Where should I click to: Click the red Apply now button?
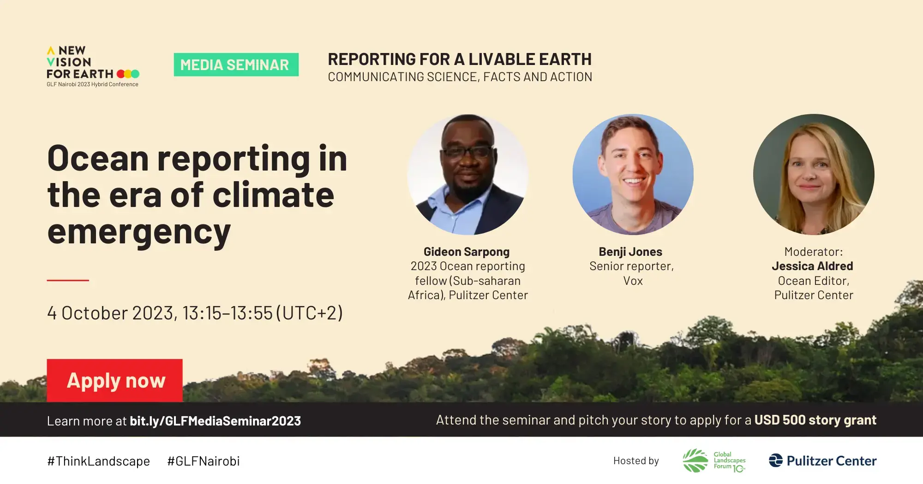click(x=115, y=381)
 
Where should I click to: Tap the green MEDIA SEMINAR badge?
click(x=236, y=65)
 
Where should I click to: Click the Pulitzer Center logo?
click(x=822, y=460)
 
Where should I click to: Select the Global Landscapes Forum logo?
click(x=714, y=460)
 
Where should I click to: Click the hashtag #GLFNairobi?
click(x=203, y=461)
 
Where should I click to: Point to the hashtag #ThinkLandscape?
click(x=98, y=461)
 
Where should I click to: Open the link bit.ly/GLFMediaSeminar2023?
click(x=215, y=421)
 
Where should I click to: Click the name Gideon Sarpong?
click(x=466, y=252)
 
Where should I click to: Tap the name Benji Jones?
click(x=630, y=252)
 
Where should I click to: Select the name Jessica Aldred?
click(x=812, y=266)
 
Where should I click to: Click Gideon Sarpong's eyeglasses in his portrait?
click(x=467, y=152)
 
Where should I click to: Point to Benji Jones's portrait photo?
click(x=633, y=174)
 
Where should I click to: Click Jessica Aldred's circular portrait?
click(x=813, y=174)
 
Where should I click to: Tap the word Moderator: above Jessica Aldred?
click(x=813, y=252)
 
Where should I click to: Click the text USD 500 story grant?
click(x=815, y=420)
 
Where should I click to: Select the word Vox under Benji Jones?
click(x=633, y=281)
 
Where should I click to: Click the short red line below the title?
click(x=68, y=280)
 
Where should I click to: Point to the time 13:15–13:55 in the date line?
click(x=227, y=313)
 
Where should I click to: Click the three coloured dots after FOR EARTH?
click(x=128, y=74)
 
